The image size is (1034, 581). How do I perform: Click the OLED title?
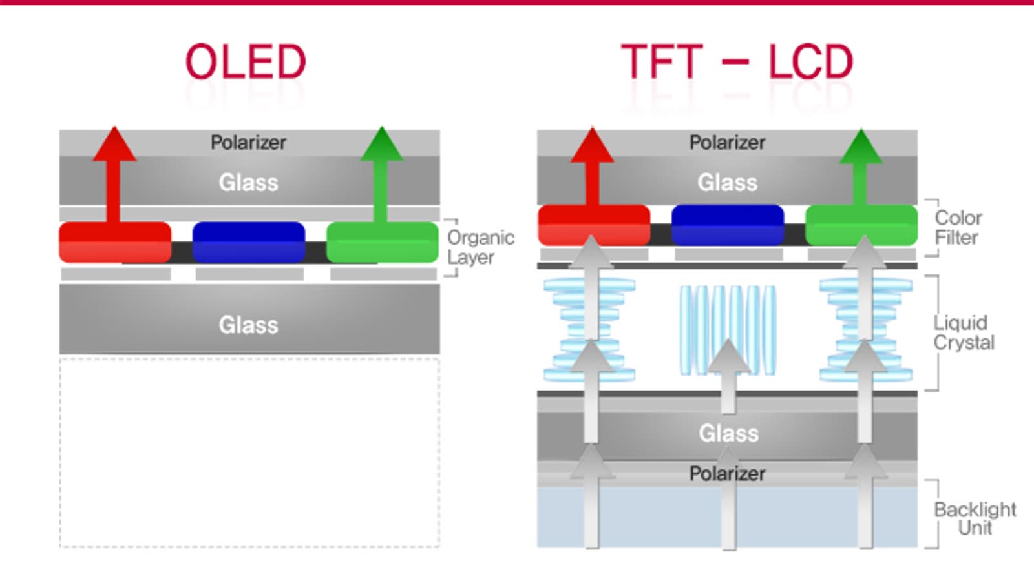point(246,62)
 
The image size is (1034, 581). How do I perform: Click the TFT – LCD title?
point(737,62)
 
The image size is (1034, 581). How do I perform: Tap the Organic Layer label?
point(480,247)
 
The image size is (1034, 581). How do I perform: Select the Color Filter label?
point(958,227)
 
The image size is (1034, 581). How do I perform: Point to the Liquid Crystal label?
point(964,332)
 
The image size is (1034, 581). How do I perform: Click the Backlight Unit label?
point(975,518)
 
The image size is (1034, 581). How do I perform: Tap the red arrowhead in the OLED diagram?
point(114,145)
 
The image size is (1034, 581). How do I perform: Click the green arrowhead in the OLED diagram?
point(381,145)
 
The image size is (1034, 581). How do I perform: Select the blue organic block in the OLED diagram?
point(249,242)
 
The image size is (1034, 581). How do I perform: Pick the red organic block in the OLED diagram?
point(115,242)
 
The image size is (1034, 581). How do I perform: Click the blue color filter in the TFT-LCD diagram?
point(728,225)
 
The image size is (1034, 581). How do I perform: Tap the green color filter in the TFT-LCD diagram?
point(861,225)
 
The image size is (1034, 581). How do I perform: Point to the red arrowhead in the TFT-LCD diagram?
point(592,147)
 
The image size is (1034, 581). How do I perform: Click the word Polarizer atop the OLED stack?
point(248,142)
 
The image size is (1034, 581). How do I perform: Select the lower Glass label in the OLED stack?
point(248,325)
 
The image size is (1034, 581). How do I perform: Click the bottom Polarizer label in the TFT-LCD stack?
point(727,474)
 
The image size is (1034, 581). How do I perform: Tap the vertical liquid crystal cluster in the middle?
point(728,329)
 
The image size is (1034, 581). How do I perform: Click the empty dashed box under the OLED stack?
point(249,452)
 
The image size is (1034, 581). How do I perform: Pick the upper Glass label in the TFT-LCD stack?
point(727,183)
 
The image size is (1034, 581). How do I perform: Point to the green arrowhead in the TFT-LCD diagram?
point(861,147)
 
